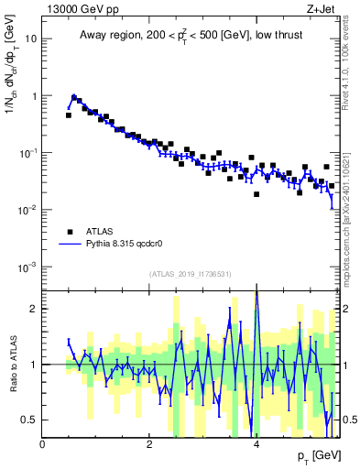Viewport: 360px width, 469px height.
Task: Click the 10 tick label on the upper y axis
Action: point(30,39)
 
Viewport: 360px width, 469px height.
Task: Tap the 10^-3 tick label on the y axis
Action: point(27,267)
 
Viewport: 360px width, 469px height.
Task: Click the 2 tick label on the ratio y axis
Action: point(34,309)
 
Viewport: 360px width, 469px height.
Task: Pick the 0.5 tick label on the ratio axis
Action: point(30,420)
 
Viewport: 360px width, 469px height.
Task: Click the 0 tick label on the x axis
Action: point(43,443)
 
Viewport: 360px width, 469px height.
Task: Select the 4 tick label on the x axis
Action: point(256,443)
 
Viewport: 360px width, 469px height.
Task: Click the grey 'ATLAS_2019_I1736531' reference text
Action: point(191,275)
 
